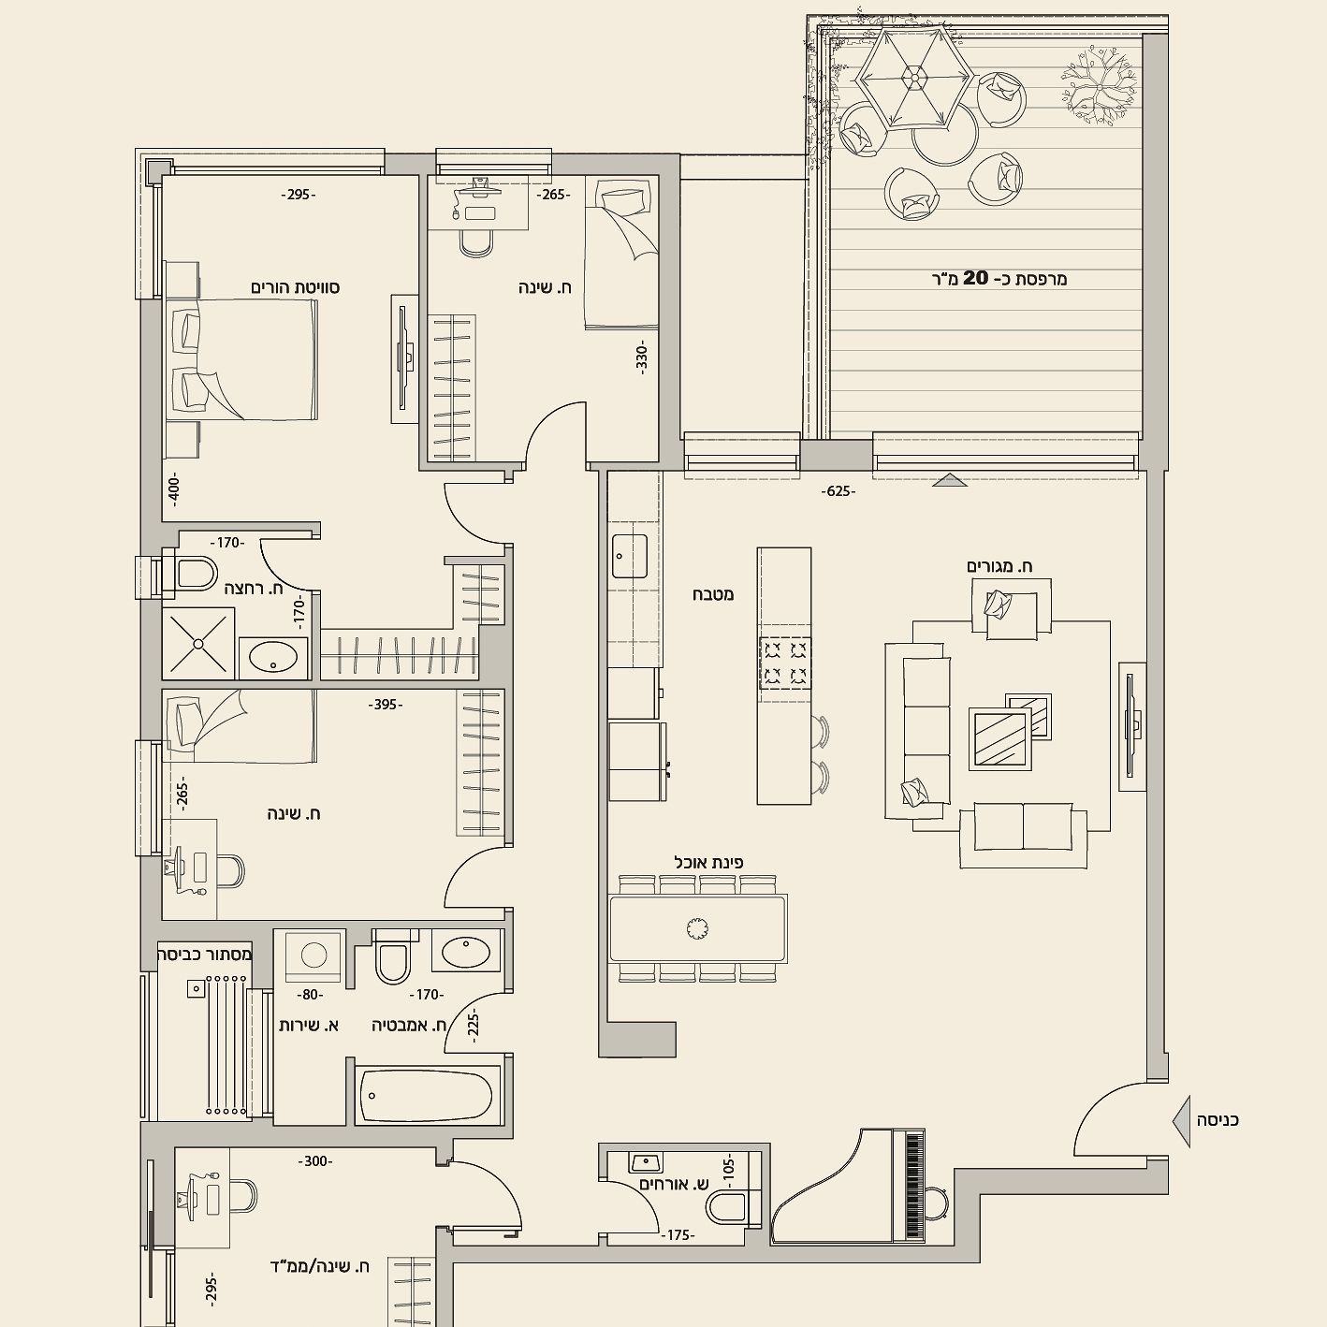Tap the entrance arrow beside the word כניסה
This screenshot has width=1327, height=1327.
pos(1182,1141)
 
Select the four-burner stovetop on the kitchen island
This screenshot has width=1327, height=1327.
pos(785,663)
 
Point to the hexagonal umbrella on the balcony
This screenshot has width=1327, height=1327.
pos(914,79)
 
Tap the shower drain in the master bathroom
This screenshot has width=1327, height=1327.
pos(198,644)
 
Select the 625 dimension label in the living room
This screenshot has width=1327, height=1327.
pos(838,491)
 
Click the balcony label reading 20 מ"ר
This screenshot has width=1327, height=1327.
pos(998,278)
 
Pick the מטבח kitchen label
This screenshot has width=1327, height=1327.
pos(713,593)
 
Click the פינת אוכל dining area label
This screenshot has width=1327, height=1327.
pos(708,862)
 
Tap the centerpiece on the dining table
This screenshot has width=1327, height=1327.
pos(697,928)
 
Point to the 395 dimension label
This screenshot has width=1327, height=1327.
pos(386,705)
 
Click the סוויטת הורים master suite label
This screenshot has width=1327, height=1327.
pos(295,287)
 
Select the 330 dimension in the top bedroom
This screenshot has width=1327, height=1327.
pos(641,358)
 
